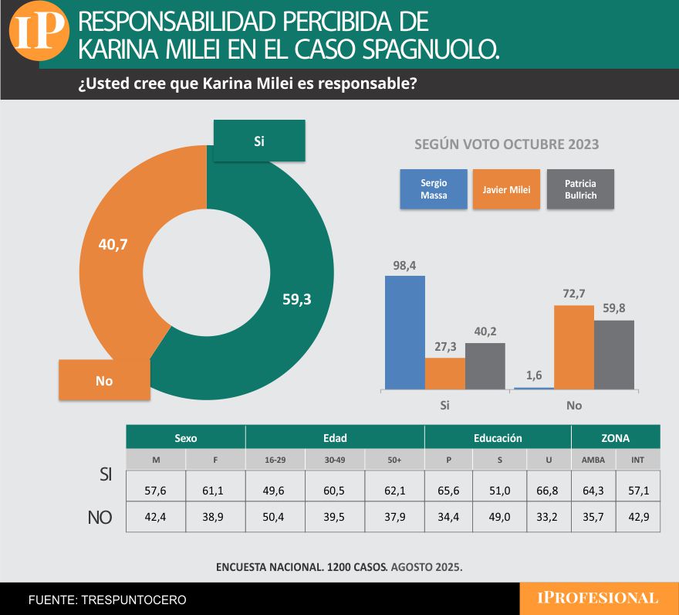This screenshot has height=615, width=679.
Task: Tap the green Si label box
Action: pyautogui.click(x=259, y=141)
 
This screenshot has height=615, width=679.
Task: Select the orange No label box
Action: pyautogui.click(x=104, y=380)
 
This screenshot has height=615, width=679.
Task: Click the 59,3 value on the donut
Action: pyautogui.click(x=296, y=300)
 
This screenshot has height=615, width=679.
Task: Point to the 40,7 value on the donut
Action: pyautogui.click(x=113, y=245)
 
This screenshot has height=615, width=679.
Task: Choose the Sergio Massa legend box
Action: pyautogui.click(x=434, y=189)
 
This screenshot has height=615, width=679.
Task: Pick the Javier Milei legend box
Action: pyautogui.click(x=506, y=189)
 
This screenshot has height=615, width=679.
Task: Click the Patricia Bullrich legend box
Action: pyautogui.click(x=580, y=189)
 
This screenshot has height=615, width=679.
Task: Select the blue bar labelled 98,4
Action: pyautogui.click(x=404, y=331)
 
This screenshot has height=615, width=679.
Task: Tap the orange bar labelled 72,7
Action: pyautogui.click(x=574, y=347)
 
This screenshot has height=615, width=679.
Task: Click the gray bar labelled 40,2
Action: pyautogui.click(x=485, y=365)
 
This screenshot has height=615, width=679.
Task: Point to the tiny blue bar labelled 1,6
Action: pyautogui.click(x=534, y=387)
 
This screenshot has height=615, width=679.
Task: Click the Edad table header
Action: pyautogui.click(x=335, y=438)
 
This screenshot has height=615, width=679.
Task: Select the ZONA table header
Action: pyautogui.click(x=616, y=438)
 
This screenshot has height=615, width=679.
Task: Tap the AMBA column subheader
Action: pyautogui.click(x=593, y=460)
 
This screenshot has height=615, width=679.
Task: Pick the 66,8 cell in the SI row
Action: pyautogui.click(x=549, y=490)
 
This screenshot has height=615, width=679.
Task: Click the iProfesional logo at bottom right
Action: pyautogui.click(x=599, y=598)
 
